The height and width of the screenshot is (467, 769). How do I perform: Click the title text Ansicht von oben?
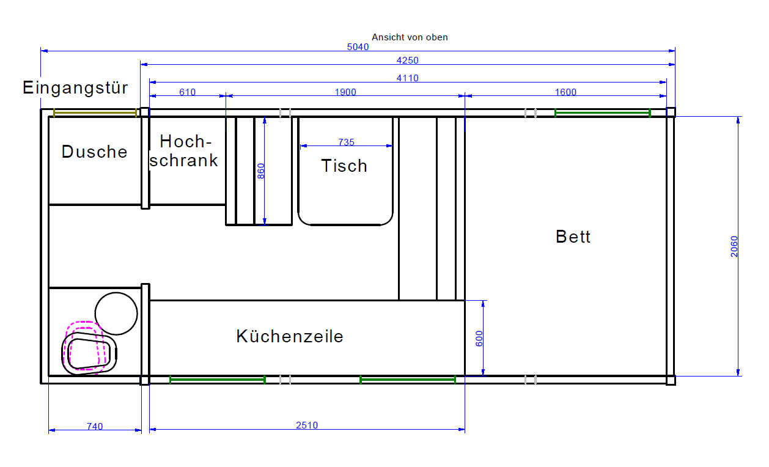pyautogui.click(x=410, y=37)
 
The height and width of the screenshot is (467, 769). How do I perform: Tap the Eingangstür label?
pyautogui.click(x=75, y=87)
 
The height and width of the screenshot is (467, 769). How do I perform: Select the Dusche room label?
pyautogui.click(x=94, y=152)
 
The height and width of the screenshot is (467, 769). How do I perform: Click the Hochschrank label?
pyautogui.click(x=184, y=151)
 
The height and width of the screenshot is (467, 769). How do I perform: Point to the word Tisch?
pyautogui.click(x=344, y=166)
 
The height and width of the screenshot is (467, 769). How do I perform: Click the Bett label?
pyautogui.click(x=573, y=237)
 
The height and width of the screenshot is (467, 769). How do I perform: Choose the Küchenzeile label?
pyautogui.click(x=289, y=336)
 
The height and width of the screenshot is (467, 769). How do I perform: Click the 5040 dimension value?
pyautogui.click(x=358, y=47)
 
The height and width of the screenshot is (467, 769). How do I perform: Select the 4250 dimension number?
pyautogui.click(x=408, y=61)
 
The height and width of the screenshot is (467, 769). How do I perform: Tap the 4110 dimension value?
pyautogui.click(x=408, y=78)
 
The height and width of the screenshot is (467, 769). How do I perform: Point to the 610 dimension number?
pyautogui.click(x=188, y=92)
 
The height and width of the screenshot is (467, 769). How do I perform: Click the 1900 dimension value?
pyautogui.click(x=345, y=92)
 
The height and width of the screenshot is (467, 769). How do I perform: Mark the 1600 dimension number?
pyautogui.click(x=566, y=92)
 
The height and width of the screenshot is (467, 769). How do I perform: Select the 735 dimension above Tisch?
pyautogui.click(x=346, y=142)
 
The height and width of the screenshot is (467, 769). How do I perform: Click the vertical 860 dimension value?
pyautogui.click(x=261, y=171)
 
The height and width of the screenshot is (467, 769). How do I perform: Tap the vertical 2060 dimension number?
pyautogui.click(x=734, y=246)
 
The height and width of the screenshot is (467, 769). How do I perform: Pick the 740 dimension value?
pyautogui.click(x=95, y=427)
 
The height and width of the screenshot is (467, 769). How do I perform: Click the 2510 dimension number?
pyautogui.click(x=307, y=425)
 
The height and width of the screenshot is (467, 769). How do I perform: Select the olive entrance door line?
pyautogui.click(x=95, y=112)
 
